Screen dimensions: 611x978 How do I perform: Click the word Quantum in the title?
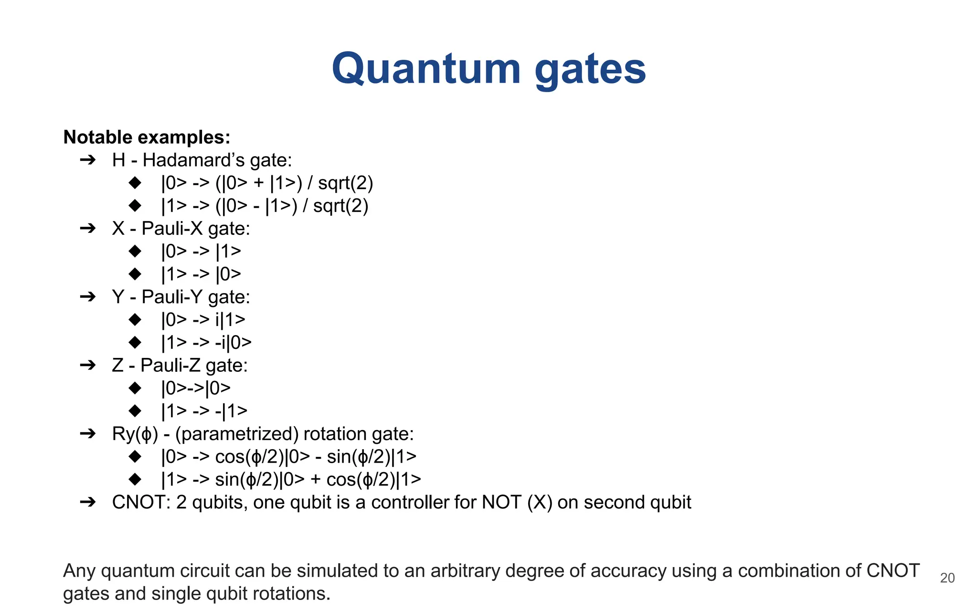(x=425, y=69)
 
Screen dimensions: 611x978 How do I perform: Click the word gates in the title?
(x=590, y=69)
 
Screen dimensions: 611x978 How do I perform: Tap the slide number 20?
(x=947, y=578)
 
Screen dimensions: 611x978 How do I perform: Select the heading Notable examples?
(x=147, y=137)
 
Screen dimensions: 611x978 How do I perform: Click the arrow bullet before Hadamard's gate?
(x=88, y=160)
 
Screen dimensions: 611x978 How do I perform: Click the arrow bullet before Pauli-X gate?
(x=88, y=228)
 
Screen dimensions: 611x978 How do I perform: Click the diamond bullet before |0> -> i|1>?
(x=135, y=319)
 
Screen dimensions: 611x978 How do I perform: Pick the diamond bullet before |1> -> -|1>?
(x=135, y=411)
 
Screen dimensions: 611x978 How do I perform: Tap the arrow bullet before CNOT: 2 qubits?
(x=88, y=502)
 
